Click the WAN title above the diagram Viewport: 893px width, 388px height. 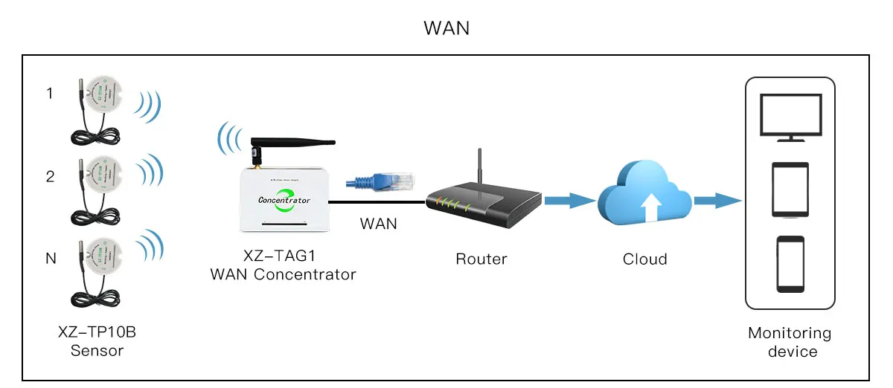[x=446, y=28]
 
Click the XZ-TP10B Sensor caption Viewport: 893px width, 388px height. [x=97, y=341]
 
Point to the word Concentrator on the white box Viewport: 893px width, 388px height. [x=284, y=200]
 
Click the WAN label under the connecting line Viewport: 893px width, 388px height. [x=378, y=224]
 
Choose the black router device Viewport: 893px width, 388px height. [x=483, y=204]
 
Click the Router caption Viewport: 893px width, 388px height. [x=481, y=259]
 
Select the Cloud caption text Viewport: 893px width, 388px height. [x=644, y=259]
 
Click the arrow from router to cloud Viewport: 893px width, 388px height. [x=569, y=200]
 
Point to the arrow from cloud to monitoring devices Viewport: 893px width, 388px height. [x=717, y=200]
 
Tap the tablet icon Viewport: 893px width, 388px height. [x=790, y=190]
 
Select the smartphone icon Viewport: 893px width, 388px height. [x=790, y=264]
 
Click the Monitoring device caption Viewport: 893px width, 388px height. [x=790, y=342]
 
